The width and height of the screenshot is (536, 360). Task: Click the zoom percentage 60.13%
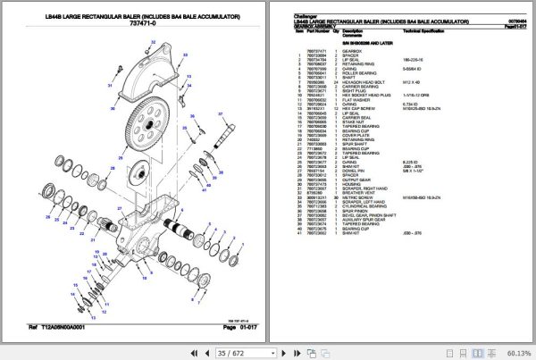point(515,352)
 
